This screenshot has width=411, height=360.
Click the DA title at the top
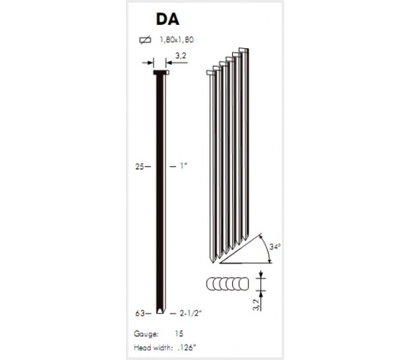click(168, 19)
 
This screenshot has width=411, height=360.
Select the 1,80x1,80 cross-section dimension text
click(176, 39)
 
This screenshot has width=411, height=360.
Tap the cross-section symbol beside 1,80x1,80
click(146, 39)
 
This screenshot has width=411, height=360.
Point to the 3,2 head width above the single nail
click(181, 56)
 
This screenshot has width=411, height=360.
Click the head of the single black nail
click(161, 73)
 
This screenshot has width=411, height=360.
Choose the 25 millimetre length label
click(140, 166)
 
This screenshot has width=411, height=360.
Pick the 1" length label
click(183, 165)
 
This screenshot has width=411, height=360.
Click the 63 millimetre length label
click(140, 314)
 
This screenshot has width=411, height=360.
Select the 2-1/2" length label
click(190, 314)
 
